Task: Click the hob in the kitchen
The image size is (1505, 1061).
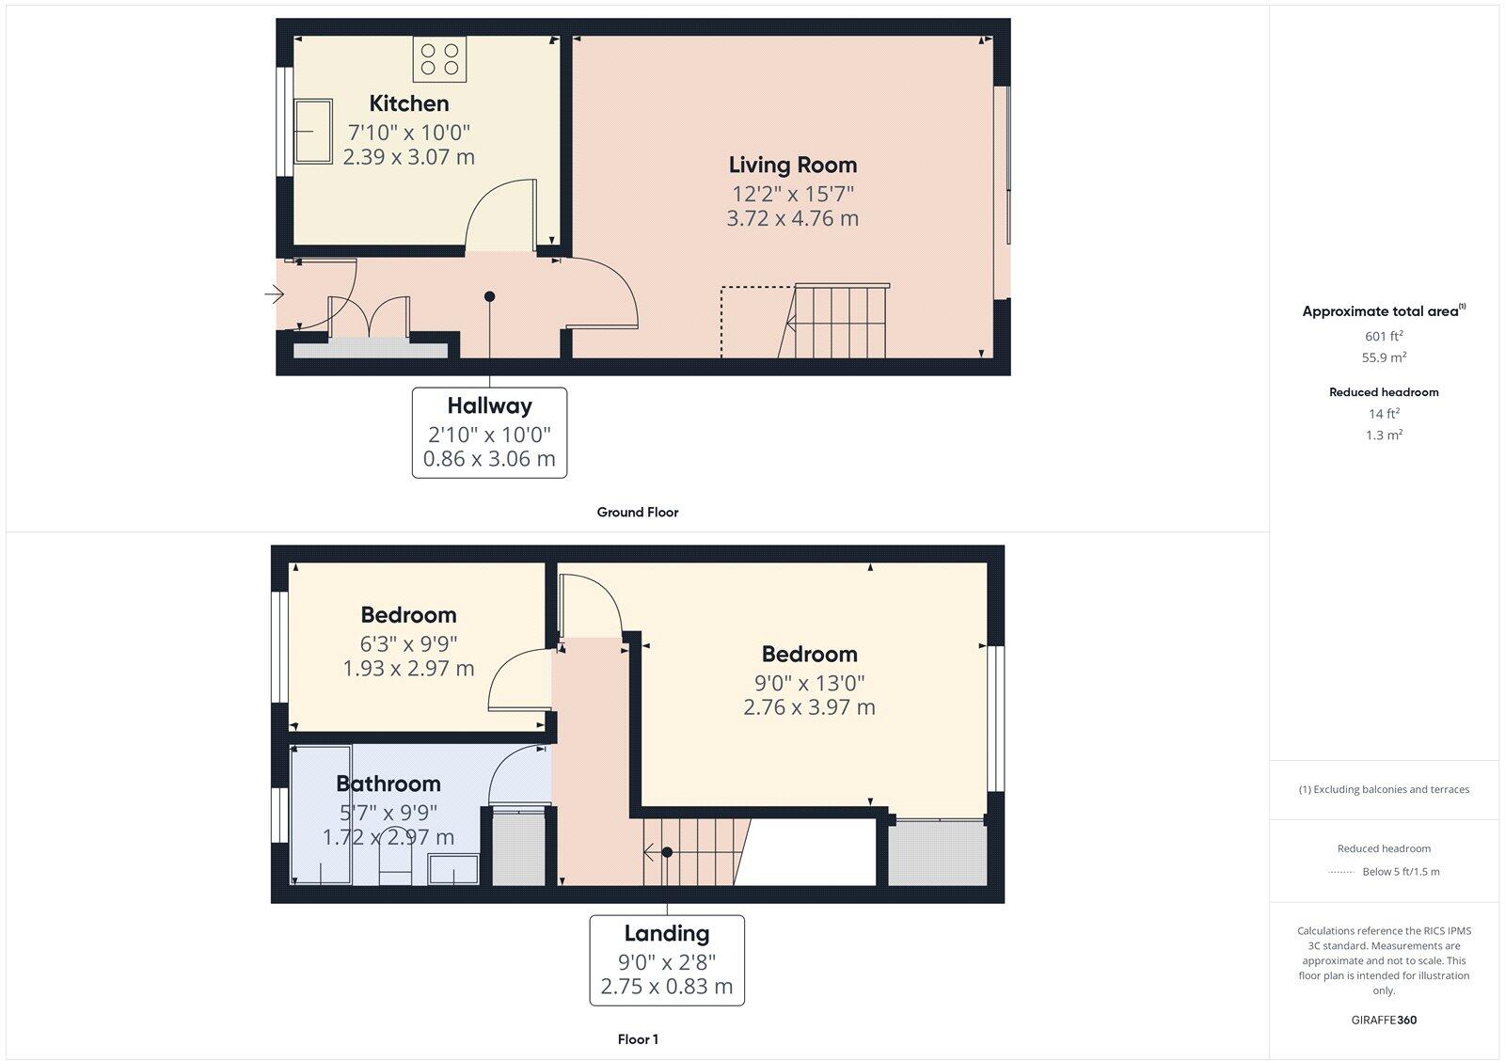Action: (x=439, y=58)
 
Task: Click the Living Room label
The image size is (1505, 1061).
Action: (x=792, y=165)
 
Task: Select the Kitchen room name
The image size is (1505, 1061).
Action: (x=408, y=103)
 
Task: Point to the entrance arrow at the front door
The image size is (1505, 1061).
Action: (x=274, y=295)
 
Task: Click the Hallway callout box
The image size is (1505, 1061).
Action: (x=489, y=432)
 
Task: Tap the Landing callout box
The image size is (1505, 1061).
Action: (x=666, y=959)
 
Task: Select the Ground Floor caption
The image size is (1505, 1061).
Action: (x=637, y=513)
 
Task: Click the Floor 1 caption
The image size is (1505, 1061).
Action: (x=638, y=1039)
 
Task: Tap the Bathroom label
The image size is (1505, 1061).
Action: (x=388, y=784)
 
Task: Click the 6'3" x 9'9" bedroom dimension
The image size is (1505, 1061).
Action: (x=408, y=644)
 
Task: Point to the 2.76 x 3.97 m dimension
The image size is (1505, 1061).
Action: (x=809, y=707)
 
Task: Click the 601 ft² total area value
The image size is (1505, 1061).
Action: (x=1383, y=336)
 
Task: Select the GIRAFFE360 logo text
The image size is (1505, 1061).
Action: (x=1383, y=1020)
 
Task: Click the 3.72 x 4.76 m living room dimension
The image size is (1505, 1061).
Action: (x=792, y=218)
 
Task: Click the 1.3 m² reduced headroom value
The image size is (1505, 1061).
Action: (x=1383, y=435)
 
